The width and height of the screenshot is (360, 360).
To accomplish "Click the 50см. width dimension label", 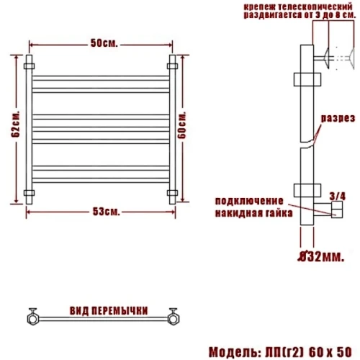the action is coord(104,43).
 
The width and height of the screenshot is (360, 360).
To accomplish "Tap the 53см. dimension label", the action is coord(106,212).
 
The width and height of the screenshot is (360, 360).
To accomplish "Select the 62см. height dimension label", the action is coord(15,124).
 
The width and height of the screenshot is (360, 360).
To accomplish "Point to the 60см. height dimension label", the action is coord(182,125).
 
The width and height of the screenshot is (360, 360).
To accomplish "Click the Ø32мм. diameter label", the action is coord(321,257).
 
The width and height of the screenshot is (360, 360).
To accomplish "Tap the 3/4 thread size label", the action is coord(337,197).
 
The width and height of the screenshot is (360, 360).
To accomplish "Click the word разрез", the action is coord(338,118).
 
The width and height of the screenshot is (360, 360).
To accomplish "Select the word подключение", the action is coord(249,201).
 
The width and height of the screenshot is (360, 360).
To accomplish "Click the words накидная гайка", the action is coord(253,213).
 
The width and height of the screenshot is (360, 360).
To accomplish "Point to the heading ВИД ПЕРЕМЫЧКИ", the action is coord(109,311).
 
